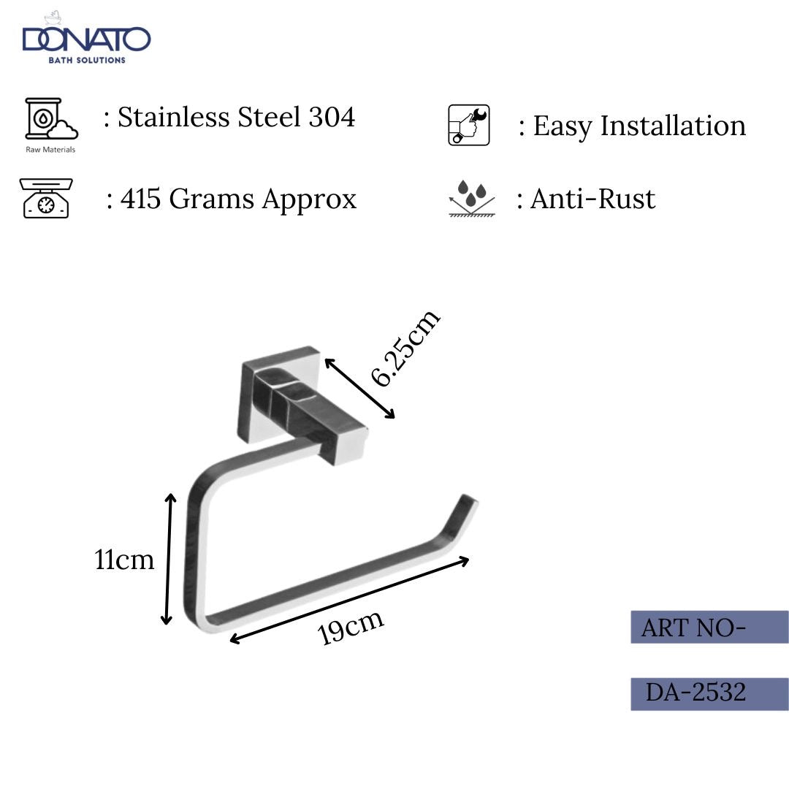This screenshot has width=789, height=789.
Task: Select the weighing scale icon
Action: click(46, 198)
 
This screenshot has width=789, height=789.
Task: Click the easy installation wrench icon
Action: click(468, 125)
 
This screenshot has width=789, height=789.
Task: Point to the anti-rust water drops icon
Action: click(471, 199)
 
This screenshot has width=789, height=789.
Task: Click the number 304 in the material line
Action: click(332, 117)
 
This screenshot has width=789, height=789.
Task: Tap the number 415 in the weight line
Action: click(140, 199)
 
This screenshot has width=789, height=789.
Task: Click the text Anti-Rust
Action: click(592, 199)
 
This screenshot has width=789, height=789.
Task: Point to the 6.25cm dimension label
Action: click(405, 347)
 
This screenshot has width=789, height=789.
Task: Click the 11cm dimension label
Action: click(125, 560)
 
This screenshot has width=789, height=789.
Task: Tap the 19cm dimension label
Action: click(351, 628)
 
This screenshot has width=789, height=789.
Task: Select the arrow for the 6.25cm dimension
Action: click(359, 388)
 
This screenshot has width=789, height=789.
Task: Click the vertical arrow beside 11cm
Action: click(169, 560)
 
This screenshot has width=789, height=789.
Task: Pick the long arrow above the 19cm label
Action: click(349, 600)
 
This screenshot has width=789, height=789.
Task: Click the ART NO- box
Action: click(709, 627)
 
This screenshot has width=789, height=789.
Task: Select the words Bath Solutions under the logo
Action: click(87, 60)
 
